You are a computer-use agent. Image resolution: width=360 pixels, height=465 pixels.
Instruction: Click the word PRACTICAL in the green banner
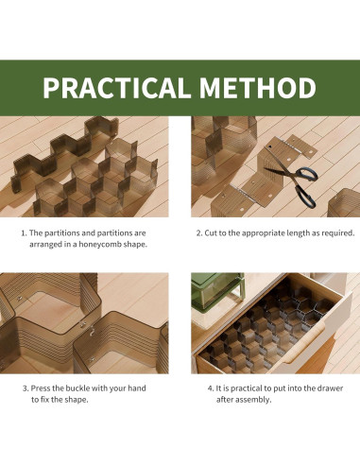point(116,87)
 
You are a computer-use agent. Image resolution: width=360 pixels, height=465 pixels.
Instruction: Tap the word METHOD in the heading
point(258,87)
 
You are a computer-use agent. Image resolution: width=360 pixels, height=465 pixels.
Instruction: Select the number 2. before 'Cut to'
point(199,233)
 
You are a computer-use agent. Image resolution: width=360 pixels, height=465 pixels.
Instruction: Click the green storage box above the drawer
point(217,290)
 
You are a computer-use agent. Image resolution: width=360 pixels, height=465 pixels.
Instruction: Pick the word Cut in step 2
point(210,233)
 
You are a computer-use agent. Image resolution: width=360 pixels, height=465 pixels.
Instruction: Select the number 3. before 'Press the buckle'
point(26,388)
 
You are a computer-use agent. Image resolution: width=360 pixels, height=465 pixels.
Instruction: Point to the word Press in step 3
point(40,388)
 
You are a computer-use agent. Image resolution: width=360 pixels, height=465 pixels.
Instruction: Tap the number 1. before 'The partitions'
point(24,233)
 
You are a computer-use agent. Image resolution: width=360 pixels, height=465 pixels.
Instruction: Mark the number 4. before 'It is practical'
point(211,388)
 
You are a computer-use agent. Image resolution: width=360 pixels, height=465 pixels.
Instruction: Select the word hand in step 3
point(137,388)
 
